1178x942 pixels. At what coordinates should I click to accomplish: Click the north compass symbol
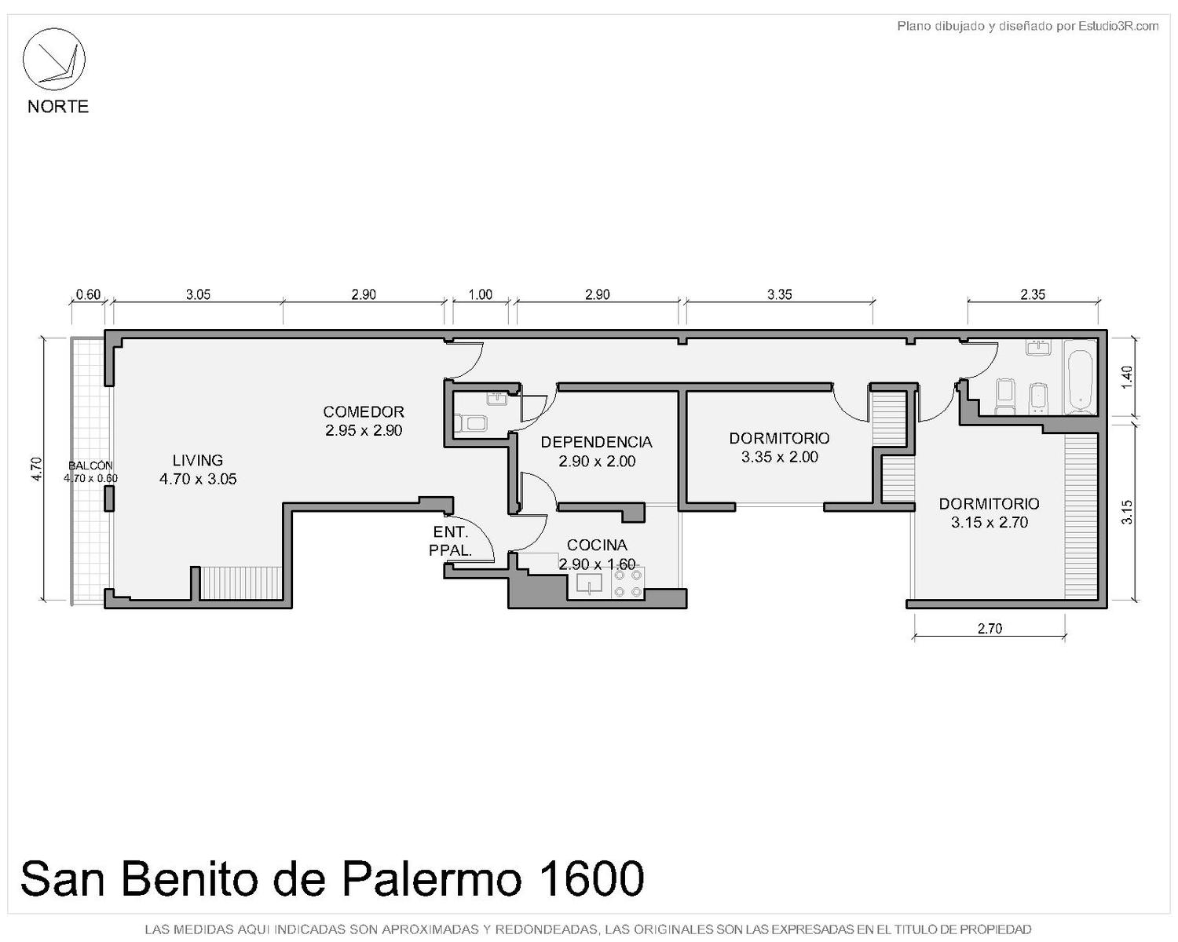click(x=53, y=60)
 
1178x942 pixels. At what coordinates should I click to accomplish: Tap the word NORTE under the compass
click(x=58, y=107)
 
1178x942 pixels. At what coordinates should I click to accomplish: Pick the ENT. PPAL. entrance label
click(x=451, y=542)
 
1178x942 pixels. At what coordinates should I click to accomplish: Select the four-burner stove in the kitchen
click(x=627, y=582)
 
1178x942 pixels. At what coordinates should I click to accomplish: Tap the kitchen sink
click(x=589, y=583)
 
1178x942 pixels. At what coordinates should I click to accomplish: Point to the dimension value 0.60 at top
click(x=88, y=295)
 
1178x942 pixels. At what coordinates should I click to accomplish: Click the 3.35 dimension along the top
click(x=780, y=295)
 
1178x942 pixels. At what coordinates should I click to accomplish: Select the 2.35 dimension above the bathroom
click(x=1033, y=295)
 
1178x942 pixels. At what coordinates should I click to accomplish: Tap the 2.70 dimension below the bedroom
click(x=990, y=628)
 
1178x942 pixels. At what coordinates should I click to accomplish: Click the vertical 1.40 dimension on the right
click(x=1127, y=378)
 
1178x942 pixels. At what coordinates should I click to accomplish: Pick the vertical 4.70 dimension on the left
click(x=36, y=469)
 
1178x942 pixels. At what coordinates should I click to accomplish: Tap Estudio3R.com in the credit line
click(x=1118, y=26)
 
